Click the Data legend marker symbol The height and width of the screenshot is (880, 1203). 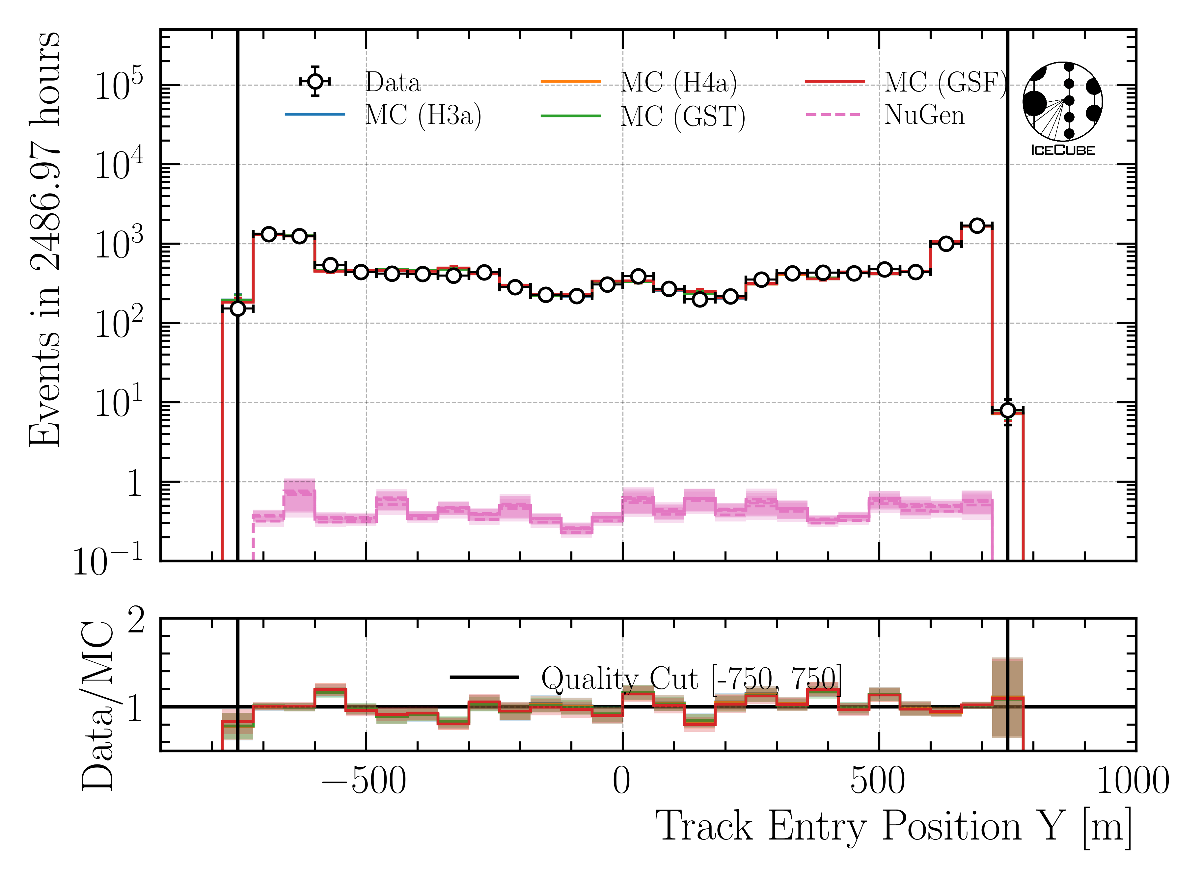point(315,82)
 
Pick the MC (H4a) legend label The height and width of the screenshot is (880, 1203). point(679,83)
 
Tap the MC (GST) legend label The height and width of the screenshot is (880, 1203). point(682,116)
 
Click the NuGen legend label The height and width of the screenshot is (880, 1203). point(924,115)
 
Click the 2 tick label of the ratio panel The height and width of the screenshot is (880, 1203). point(136,621)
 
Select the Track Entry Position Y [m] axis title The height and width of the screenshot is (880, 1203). point(893,827)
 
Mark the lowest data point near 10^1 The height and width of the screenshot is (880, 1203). point(1007,410)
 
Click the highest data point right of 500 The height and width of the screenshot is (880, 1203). point(976,225)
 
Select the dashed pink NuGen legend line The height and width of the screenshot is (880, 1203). point(833,115)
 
